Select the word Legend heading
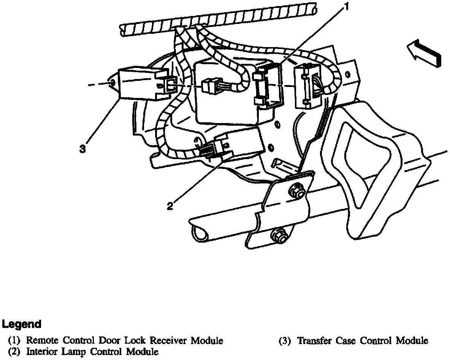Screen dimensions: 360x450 click(x=22, y=324)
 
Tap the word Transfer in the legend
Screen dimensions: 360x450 click(x=314, y=341)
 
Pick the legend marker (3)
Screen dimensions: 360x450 click(x=285, y=341)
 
